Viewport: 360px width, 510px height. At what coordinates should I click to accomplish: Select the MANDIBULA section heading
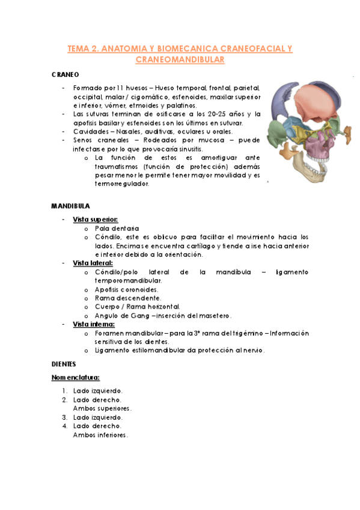coord(71,205)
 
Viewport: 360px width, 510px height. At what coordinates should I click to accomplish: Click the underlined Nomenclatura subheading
coord(75,377)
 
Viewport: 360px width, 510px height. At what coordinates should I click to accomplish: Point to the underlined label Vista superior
coord(95,220)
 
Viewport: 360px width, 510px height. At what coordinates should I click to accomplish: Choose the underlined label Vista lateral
coord(93,263)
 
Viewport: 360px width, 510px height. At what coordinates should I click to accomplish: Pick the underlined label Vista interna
coord(93,324)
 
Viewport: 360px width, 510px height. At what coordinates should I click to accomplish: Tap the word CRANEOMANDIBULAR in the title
coord(180,60)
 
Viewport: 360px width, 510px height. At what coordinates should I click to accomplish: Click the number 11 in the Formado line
coord(121,88)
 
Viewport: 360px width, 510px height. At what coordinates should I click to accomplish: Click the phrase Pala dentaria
coord(117,229)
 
